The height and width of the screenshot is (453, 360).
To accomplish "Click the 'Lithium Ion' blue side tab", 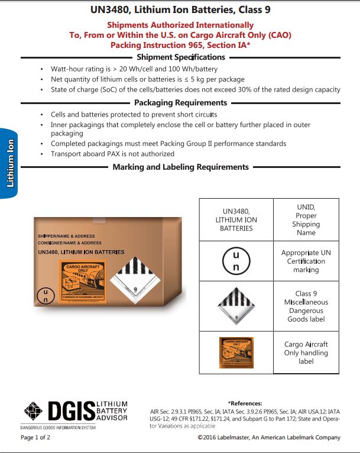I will click(10, 163).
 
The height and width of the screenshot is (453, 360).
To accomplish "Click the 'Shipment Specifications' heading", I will click(181, 57).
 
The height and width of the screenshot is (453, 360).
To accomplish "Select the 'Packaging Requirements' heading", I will click(181, 103).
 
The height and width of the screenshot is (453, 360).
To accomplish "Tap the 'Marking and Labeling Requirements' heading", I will click(181, 167).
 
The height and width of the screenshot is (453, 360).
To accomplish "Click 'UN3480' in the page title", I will click(111, 10).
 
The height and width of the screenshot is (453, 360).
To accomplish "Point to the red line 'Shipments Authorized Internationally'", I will click(180, 25).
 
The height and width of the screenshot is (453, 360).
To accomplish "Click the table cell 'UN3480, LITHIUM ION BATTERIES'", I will click(236, 219).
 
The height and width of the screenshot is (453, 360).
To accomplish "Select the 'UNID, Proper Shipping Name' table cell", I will click(306, 219).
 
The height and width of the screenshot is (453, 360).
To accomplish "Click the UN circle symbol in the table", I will click(236, 261).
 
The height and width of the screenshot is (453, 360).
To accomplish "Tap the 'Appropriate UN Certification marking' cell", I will click(306, 261).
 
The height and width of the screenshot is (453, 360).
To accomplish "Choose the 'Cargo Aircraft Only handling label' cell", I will click(306, 352).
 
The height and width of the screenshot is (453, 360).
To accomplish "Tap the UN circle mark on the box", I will click(44, 296).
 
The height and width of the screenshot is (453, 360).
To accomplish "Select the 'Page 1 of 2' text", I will click(35, 438).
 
